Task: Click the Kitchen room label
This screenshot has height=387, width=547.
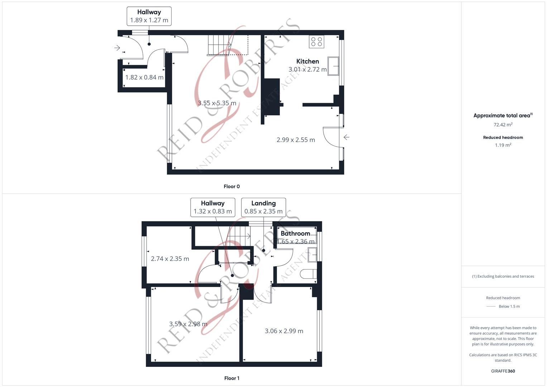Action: (x=307, y=61)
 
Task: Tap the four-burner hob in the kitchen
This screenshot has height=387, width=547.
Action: (x=317, y=42)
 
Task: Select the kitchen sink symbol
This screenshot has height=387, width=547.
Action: (x=333, y=66)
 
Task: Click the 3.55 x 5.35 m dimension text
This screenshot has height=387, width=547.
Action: (x=217, y=103)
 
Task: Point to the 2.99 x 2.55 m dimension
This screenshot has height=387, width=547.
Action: (x=296, y=140)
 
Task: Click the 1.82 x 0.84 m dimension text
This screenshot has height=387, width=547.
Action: (x=144, y=77)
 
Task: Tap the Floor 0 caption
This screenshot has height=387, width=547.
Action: (x=231, y=186)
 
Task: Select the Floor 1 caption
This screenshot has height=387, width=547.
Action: (x=231, y=378)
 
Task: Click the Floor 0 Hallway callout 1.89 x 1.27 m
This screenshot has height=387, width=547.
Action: (x=149, y=16)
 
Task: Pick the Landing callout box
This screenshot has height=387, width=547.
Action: (x=263, y=207)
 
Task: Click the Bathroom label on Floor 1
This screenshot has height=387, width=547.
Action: (x=295, y=233)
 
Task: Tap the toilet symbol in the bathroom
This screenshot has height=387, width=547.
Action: (x=308, y=274)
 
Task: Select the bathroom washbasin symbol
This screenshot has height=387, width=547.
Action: (x=312, y=254)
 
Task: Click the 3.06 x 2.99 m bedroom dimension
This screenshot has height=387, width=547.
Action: (x=284, y=331)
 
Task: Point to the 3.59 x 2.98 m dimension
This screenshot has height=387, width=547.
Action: (x=188, y=324)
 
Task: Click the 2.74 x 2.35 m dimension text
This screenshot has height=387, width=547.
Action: (x=170, y=259)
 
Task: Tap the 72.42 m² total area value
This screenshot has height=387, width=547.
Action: (x=503, y=125)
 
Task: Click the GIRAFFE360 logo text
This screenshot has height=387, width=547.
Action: (x=503, y=371)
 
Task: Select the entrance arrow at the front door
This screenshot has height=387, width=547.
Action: (x=117, y=48)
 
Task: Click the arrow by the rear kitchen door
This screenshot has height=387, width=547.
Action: (x=346, y=137)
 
